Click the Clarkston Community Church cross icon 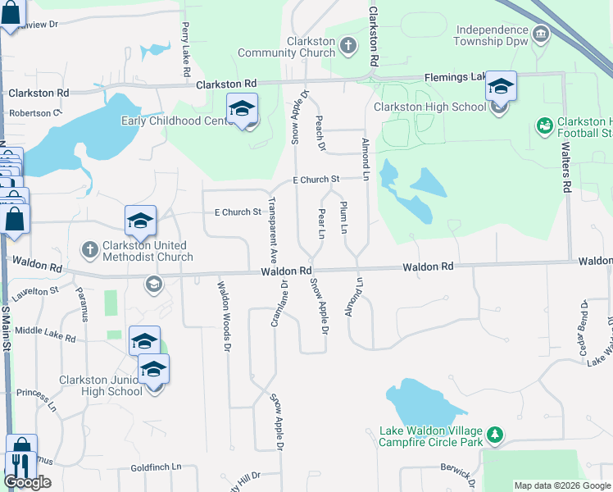[347, 43]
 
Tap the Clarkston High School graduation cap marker [500, 87]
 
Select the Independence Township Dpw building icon [540, 34]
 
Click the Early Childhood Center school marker [243, 110]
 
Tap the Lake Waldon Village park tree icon [493, 432]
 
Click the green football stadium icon [543, 125]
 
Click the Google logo [27, 482]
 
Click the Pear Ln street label [321, 224]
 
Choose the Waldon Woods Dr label [222, 314]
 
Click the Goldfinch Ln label [156, 467]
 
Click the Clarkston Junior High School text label [101, 385]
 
